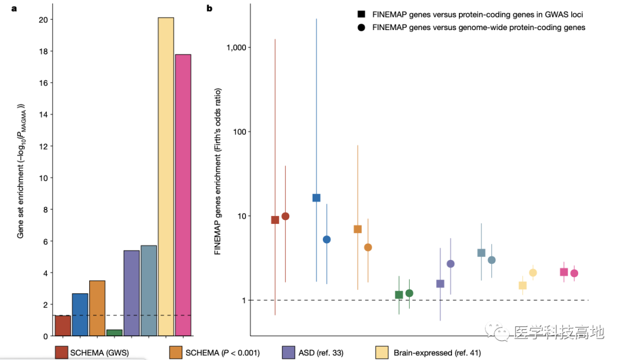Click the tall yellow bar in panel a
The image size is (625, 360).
coord(166,177)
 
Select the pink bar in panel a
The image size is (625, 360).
coord(183,195)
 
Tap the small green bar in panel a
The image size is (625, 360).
coord(115,333)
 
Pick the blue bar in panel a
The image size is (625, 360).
coord(80,314)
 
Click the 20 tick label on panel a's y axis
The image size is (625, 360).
coord(43,20)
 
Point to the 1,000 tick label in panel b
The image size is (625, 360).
coord(236,47)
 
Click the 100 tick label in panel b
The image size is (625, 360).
coord(240,131)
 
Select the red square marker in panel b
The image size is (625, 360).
coord(275,220)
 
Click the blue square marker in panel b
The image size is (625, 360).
coord(317,198)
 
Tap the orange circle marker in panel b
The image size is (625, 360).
coord(368,247)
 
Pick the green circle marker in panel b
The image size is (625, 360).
coord(409,293)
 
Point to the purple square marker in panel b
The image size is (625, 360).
coord(440,284)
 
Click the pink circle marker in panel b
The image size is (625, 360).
coord(574,273)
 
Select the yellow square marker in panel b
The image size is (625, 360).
coord(523,285)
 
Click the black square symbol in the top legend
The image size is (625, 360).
coord(362,14)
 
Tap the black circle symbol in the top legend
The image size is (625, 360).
coord(362,27)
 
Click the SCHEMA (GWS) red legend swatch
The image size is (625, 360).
coord(61,352)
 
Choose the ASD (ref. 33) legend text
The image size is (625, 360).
coord(321,353)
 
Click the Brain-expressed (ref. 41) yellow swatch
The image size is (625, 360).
coord(382,352)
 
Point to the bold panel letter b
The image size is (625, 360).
coord(209,8)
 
